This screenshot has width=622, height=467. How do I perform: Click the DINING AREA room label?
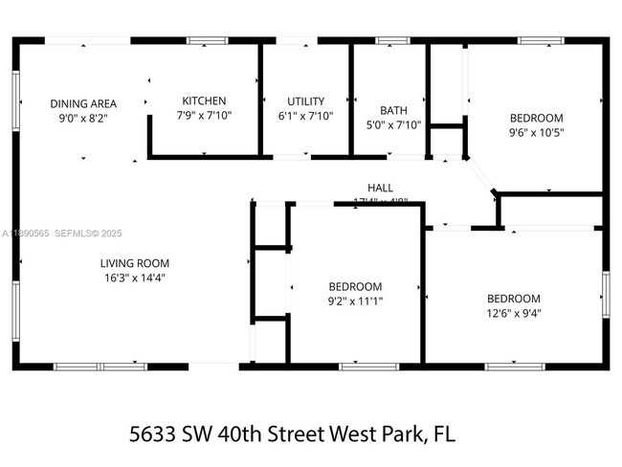click(x=83, y=103)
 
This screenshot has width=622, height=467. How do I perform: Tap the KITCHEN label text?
click(x=204, y=100)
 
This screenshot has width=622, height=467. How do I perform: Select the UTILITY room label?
click(x=306, y=100)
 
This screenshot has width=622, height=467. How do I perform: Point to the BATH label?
click(x=393, y=110)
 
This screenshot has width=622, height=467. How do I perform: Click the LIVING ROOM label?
click(x=135, y=263)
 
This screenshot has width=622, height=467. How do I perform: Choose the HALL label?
click(x=381, y=188)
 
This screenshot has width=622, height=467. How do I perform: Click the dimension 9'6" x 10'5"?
click(x=536, y=133)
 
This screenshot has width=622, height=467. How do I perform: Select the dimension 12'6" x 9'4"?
click(x=514, y=312)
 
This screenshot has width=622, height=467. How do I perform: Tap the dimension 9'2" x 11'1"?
click(x=355, y=300)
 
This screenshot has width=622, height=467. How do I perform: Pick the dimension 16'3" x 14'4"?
click(x=135, y=278)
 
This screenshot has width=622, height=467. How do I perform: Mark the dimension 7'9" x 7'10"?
click(x=204, y=115)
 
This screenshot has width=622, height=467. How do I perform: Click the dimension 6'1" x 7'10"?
click(x=306, y=115)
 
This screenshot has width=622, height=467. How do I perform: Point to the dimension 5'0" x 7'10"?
click(x=393, y=124)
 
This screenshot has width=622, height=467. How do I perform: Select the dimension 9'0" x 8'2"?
click(x=83, y=118)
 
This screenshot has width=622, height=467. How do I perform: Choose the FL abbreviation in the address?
click(x=442, y=434)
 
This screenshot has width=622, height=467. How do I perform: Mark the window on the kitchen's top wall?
click(x=201, y=40)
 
